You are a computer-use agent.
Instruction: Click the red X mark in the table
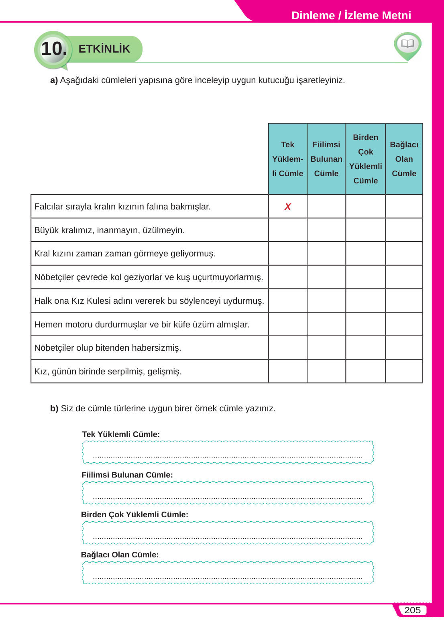tap(287, 207)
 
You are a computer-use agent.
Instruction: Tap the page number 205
tap(412, 610)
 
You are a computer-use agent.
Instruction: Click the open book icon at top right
tap(407, 43)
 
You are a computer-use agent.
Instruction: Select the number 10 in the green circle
tap(54, 49)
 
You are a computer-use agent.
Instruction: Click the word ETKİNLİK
tap(104, 49)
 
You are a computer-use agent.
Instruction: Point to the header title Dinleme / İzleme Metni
tap(351, 15)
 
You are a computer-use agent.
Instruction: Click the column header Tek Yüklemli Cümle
tap(287, 159)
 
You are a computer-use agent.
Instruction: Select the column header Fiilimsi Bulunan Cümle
tap(326, 159)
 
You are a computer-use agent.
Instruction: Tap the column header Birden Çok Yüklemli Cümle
tap(365, 159)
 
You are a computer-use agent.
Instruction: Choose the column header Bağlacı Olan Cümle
tap(404, 159)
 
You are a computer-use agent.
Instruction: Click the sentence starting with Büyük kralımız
tap(110, 230)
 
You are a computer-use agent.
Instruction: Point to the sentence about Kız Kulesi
tap(149, 301)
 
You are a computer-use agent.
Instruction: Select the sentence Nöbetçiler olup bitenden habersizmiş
tap(108, 348)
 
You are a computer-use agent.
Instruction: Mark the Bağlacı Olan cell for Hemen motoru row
tap(404, 324)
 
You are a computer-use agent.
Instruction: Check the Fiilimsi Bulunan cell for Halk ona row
tap(326, 301)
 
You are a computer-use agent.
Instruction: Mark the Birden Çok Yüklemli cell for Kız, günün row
tap(365, 371)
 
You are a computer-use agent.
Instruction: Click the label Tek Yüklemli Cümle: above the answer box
tap(121, 434)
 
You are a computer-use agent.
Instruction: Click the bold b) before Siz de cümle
tap(54, 409)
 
